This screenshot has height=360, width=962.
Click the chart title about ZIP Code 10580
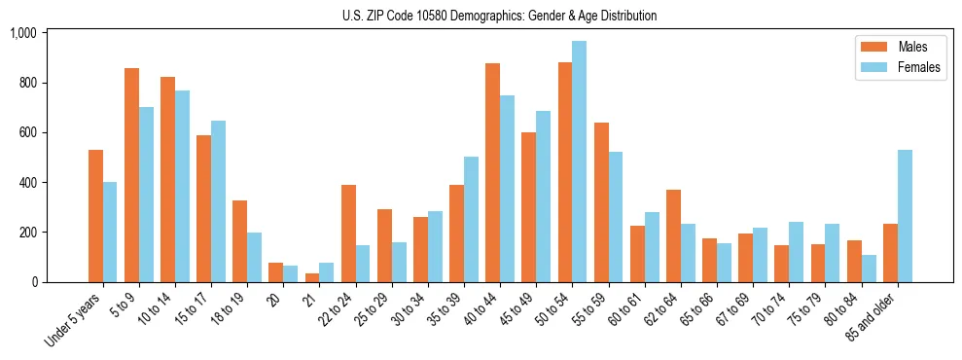click(499, 16)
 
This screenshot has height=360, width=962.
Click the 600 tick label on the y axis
click(26, 132)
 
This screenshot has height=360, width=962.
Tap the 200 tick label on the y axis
click(26, 233)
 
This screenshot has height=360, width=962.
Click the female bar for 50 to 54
click(580, 162)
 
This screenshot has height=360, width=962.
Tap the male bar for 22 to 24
click(348, 234)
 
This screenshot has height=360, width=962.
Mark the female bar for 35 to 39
click(471, 220)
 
